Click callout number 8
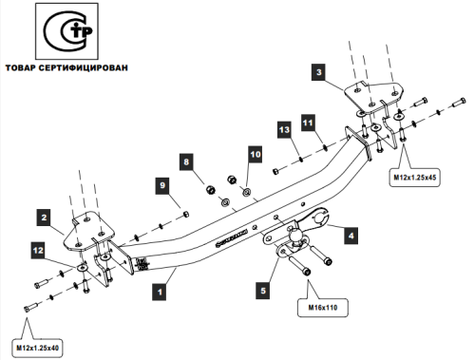(x=187, y=162)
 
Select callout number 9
(x=161, y=185)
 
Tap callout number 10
(x=254, y=153)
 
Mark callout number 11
(x=307, y=123)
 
